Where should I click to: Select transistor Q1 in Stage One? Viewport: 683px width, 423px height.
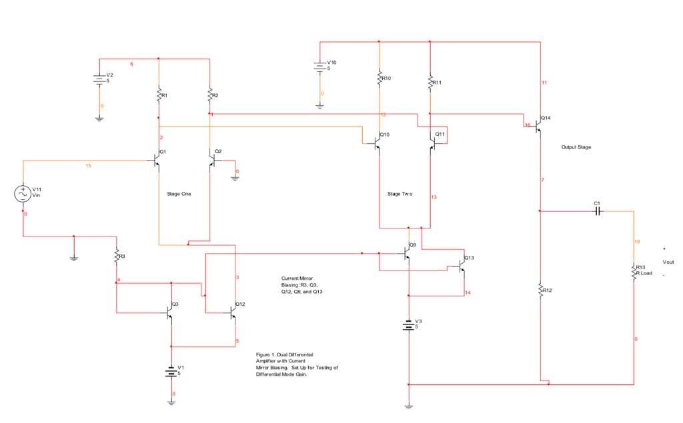(x=157, y=161)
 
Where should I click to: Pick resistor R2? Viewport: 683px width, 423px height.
(x=210, y=95)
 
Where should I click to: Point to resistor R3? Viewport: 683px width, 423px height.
(x=116, y=255)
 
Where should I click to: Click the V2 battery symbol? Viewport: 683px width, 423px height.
(x=99, y=79)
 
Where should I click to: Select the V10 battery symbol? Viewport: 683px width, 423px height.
(x=320, y=66)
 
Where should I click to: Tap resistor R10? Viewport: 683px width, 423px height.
(x=379, y=78)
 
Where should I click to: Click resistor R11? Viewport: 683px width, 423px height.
(x=430, y=83)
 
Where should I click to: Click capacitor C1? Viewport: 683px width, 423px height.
(x=598, y=211)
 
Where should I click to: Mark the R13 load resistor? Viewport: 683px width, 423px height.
(x=634, y=272)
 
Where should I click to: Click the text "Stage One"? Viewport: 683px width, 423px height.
(x=179, y=194)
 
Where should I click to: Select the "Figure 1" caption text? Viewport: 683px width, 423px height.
(x=293, y=365)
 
